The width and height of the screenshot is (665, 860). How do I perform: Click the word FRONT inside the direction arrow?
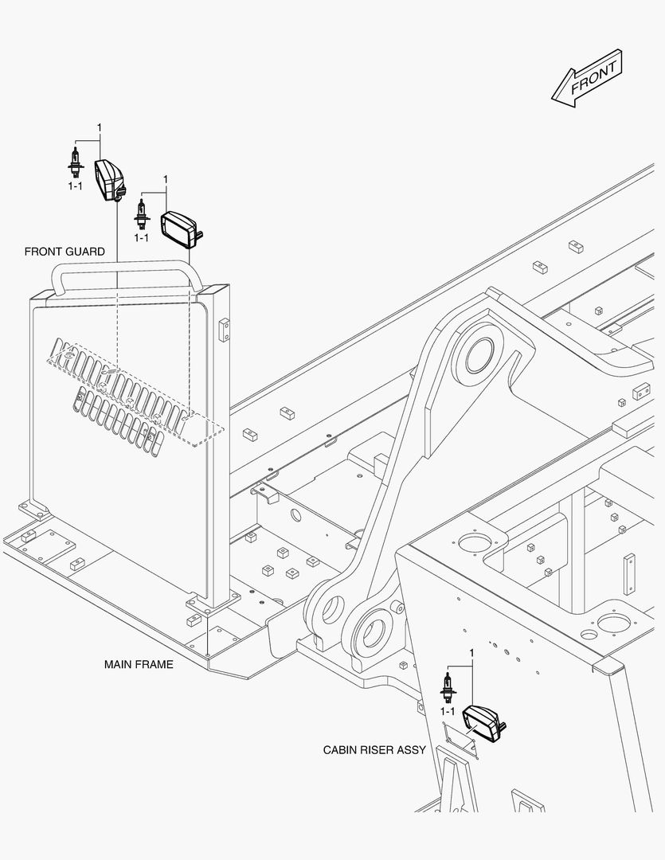point(593,78)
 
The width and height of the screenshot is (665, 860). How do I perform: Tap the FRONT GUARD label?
point(65,252)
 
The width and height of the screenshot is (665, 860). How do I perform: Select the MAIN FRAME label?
point(139,664)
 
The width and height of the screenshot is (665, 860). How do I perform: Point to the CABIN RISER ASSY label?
point(374,750)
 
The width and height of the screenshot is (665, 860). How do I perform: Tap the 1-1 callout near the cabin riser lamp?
point(448,711)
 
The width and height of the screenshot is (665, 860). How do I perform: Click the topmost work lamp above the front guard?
point(111,179)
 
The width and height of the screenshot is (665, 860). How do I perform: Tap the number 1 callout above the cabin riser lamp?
point(471,653)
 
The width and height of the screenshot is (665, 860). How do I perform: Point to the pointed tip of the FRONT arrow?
point(552,98)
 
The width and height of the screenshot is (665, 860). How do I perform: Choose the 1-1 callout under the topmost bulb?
point(75,186)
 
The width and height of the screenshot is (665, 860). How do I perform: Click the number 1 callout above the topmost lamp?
point(100,127)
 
